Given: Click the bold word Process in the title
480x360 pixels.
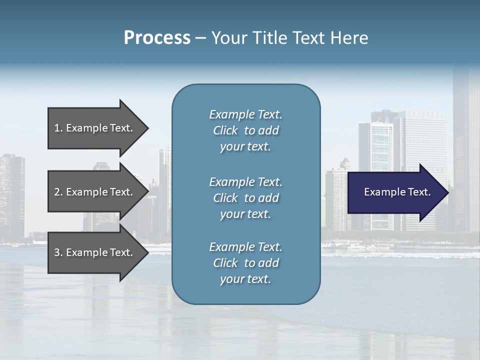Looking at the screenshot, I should [x=157, y=38].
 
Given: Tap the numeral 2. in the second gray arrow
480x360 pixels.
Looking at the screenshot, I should [x=58, y=192].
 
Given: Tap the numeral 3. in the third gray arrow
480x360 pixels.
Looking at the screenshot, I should [x=58, y=252].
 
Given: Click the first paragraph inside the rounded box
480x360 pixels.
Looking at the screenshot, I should [x=245, y=130].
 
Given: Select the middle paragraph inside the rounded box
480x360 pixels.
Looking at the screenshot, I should [x=245, y=198].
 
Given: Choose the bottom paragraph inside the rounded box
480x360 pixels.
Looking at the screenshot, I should [x=245, y=263].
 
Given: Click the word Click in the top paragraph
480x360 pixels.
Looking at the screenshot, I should [x=225, y=130].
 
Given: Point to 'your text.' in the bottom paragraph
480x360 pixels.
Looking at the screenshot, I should [x=245, y=279].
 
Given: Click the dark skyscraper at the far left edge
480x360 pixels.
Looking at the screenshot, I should [x=11, y=195].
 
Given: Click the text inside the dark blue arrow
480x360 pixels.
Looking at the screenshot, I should [x=397, y=192].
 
